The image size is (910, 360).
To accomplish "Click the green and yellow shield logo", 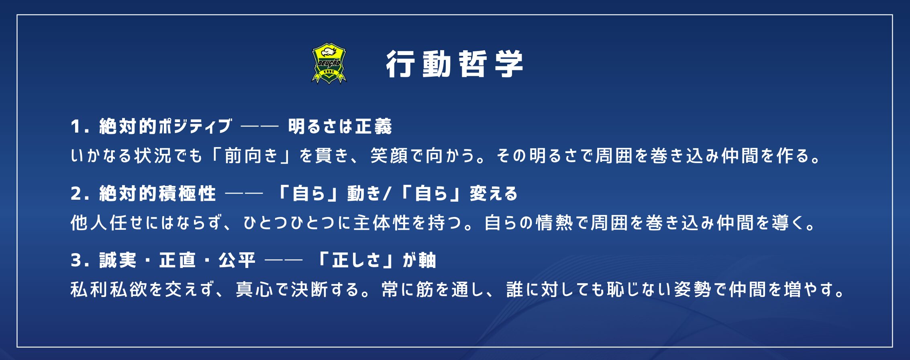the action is tap(329, 63).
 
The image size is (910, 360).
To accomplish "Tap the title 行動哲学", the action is tap(455, 64).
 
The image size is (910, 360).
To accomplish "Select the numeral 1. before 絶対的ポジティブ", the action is tap(80, 127).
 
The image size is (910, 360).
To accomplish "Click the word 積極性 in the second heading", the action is tap(188, 194).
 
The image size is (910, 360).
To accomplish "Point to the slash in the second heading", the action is tap(387, 194).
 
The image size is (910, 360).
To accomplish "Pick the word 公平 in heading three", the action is tap(237, 260).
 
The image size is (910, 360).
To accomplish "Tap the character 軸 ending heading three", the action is tap(427, 260).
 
